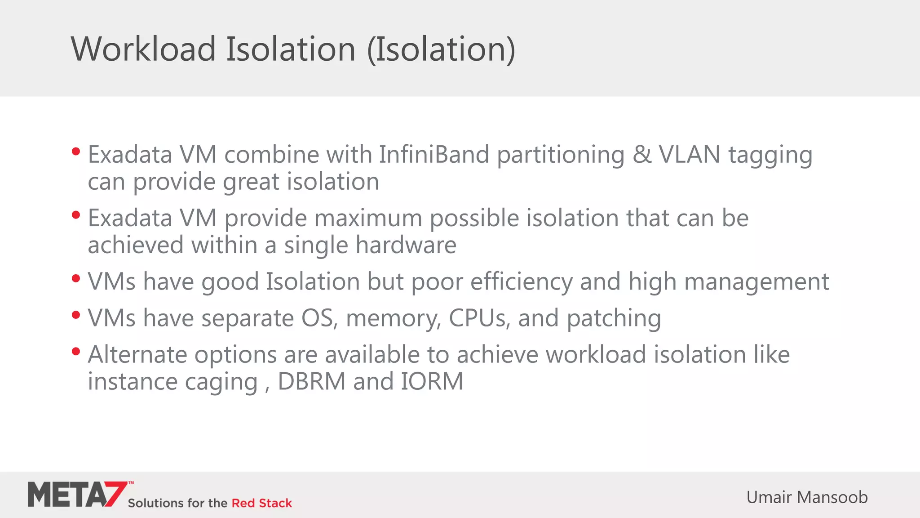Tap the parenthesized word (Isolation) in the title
[441, 49]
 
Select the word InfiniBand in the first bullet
[434, 155]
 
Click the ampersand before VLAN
[642, 155]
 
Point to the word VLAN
[690, 155]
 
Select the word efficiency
[521, 282]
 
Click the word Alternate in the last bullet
[137, 355]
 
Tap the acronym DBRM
[312, 382]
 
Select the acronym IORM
[432, 382]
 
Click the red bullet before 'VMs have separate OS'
[76, 315]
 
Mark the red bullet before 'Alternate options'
[76, 351]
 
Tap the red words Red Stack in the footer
[261, 503]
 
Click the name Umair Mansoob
[807, 497]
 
